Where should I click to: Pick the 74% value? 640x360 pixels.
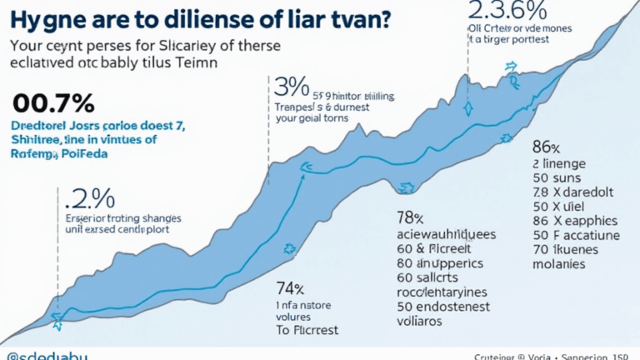point(290,289)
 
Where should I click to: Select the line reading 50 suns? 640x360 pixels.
point(555,176)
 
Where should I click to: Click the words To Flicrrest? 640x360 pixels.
point(309,330)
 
